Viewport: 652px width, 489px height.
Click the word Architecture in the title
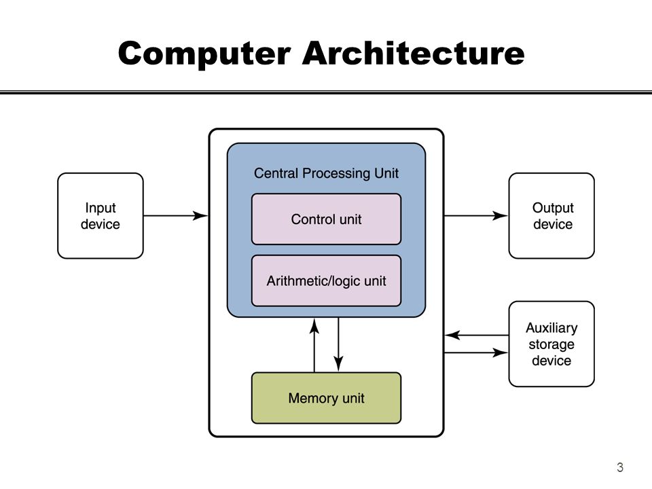[x=414, y=53]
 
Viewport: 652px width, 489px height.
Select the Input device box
[x=101, y=216]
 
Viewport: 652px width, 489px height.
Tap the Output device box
[x=551, y=216]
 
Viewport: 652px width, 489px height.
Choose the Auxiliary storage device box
[x=551, y=344]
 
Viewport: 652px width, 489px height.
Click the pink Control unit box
[x=327, y=219]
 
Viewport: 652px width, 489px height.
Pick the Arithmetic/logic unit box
[x=327, y=280]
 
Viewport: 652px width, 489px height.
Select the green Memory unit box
[x=327, y=398]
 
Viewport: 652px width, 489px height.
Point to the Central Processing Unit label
[x=327, y=173]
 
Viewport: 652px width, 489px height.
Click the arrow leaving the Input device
[x=175, y=215]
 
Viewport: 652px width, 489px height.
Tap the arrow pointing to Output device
[x=476, y=215]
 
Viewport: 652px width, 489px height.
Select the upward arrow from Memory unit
[x=314, y=345]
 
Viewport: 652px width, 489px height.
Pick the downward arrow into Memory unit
[x=338, y=344]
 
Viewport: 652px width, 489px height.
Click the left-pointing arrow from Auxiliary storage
[x=477, y=335]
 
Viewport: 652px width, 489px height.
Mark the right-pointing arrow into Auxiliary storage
[x=476, y=352]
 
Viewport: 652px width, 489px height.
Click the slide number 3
[x=620, y=467]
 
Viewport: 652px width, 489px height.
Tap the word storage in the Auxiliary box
[x=551, y=344]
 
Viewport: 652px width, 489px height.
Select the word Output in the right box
[x=553, y=208]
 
